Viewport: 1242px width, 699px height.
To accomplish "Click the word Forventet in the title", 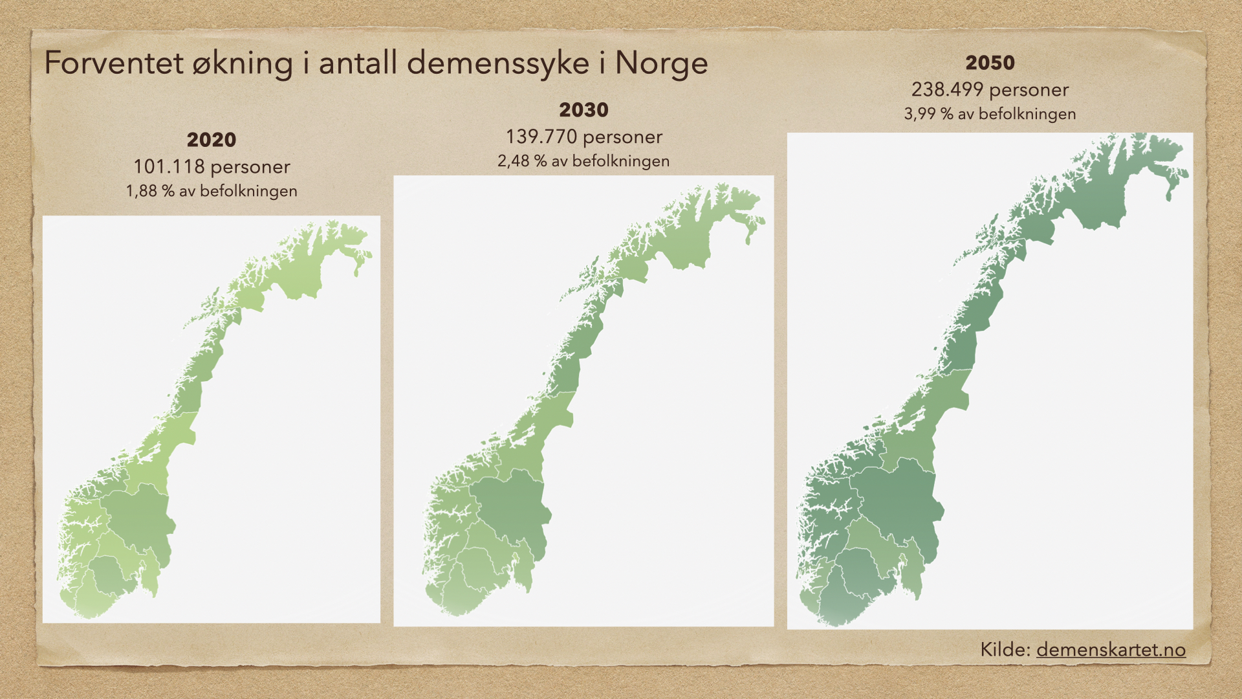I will click(114, 63).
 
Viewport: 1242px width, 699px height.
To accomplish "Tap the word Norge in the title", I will click(661, 63).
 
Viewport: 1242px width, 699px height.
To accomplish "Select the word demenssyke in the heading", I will click(498, 63).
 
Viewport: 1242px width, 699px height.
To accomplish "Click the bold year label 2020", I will click(212, 140).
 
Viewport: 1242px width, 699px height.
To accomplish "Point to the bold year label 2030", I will click(583, 110).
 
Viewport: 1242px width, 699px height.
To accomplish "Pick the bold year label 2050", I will click(990, 63).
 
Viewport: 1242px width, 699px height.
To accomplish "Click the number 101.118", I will click(169, 167).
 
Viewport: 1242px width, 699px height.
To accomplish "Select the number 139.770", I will click(541, 137).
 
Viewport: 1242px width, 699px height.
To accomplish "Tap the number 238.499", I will click(947, 90).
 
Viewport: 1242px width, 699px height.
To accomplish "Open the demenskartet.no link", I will click(1111, 650).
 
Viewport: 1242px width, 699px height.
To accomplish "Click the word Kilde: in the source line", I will click(1005, 650).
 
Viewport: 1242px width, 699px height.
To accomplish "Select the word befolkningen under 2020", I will click(249, 192).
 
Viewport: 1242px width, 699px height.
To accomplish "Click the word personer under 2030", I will click(623, 137).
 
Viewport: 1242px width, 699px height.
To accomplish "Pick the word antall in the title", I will click(358, 63).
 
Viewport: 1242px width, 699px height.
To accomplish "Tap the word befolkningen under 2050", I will click(1027, 114).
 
